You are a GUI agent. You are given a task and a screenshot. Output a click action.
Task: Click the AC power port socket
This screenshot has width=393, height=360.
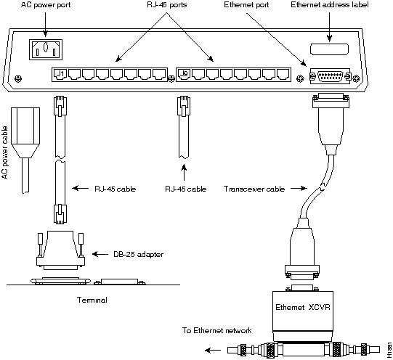(46, 49)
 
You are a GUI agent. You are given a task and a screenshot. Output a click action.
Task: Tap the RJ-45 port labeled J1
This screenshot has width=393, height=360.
(60, 74)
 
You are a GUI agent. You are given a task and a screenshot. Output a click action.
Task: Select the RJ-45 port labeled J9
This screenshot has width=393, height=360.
(185, 74)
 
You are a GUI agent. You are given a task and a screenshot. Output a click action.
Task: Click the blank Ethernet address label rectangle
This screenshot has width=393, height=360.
(329, 49)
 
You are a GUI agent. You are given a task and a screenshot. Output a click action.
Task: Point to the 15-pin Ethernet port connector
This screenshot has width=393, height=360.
(330, 76)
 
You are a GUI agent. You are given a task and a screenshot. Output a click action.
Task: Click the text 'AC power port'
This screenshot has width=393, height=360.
(46, 5)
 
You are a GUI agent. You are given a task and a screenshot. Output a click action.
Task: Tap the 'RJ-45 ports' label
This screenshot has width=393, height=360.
(167, 5)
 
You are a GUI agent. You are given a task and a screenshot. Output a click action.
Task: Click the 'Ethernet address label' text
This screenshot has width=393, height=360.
(330, 5)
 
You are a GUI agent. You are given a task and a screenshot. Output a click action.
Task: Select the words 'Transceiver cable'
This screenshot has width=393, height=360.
(254, 189)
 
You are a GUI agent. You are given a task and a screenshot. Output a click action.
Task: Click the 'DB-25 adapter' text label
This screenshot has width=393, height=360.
(138, 254)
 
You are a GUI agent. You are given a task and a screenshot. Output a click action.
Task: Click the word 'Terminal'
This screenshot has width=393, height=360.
(92, 300)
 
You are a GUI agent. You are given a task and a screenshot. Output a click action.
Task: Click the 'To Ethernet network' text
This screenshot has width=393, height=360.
(216, 330)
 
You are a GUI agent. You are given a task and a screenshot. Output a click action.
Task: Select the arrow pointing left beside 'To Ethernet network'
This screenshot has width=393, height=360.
(213, 351)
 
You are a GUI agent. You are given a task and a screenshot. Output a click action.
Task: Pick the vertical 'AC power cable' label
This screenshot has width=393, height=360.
(5, 152)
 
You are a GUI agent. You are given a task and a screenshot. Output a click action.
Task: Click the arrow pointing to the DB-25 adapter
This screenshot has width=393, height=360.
(100, 254)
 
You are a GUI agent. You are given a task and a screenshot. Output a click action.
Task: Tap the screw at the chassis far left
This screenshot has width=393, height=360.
(19, 78)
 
